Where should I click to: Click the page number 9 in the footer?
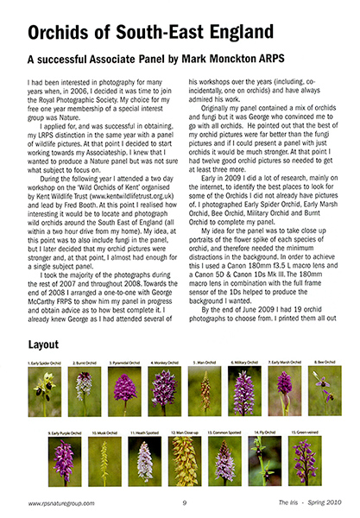pos(184,505)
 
